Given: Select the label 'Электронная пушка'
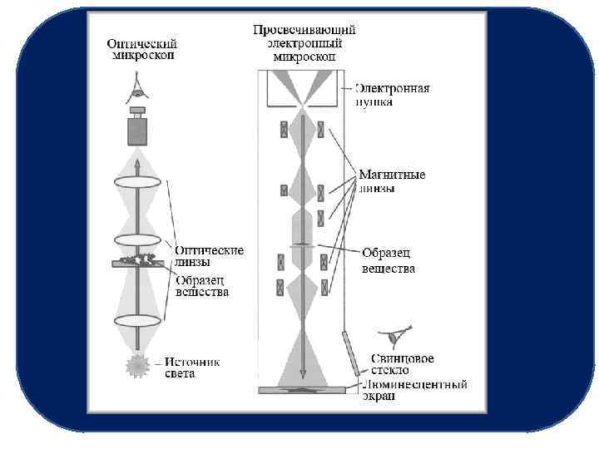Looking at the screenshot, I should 393,95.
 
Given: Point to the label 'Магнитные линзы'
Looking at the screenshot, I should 392,181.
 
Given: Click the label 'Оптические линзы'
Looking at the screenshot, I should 209,255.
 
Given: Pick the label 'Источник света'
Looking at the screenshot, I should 192,368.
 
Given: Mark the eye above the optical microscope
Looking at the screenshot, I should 137,84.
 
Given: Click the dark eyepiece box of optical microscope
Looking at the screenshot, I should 137,131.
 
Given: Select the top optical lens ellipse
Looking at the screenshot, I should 137,182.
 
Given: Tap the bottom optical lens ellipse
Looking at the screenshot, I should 137,319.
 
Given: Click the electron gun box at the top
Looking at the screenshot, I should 304,88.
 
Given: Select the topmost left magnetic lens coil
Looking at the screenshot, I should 285,130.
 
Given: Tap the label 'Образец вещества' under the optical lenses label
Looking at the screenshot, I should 202,286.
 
